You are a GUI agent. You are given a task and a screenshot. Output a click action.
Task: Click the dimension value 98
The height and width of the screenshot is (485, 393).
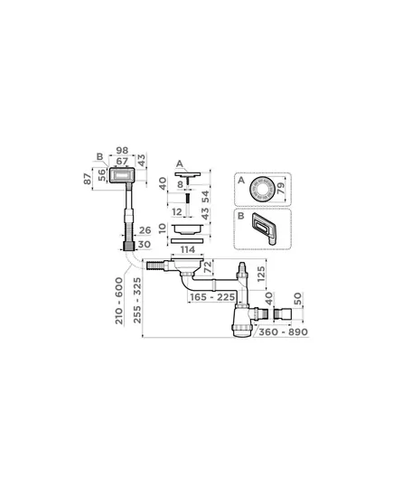122,150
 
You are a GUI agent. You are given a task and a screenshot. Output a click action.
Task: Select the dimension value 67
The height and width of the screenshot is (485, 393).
122,161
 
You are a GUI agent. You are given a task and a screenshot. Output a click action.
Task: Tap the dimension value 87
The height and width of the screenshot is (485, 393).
88,179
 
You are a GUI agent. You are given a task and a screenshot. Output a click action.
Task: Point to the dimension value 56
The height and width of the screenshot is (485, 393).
101,175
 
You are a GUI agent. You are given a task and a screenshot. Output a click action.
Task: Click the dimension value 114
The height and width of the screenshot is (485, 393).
188,249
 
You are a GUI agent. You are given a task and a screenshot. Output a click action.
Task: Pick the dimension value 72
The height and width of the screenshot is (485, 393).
208,267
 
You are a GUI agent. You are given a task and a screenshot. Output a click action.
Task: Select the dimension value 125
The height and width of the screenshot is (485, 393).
261,274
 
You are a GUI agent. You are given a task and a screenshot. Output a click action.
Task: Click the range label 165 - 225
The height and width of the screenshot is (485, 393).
212,297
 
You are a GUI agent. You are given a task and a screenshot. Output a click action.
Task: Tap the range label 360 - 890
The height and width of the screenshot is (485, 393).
283,331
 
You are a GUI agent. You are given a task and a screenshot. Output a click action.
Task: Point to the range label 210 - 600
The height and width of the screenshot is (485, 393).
119,301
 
